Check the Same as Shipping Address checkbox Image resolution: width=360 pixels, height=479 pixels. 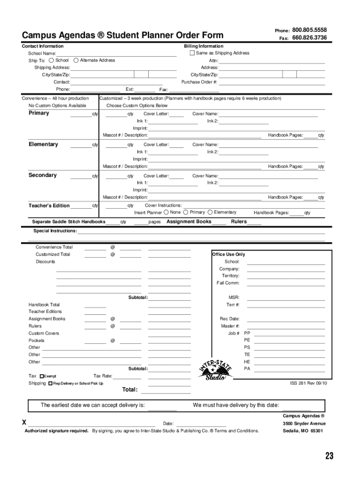click(x=192, y=53)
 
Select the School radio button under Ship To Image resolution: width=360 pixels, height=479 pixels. click(x=51, y=60)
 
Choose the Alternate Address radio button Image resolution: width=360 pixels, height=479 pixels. click(x=76, y=60)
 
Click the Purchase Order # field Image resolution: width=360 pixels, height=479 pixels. click(x=272, y=82)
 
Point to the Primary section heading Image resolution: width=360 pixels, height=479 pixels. click(x=39, y=113)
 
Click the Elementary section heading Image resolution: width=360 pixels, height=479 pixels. click(x=43, y=144)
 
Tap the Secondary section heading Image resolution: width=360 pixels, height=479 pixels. click(x=43, y=175)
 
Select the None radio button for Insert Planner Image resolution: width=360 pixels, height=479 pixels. click(x=166, y=212)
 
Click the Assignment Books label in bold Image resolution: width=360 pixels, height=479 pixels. click(x=189, y=222)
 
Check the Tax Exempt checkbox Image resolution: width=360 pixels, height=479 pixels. click(x=42, y=376)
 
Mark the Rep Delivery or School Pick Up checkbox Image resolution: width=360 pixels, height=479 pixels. click(x=50, y=384)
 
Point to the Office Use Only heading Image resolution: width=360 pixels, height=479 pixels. click(x=228, y=254)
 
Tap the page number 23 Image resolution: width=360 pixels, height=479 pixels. click(x=330, y=456)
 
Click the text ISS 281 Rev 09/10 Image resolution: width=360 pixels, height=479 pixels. click(x=309, y=383)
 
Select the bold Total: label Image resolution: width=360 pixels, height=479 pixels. click(x=130, y=390)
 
